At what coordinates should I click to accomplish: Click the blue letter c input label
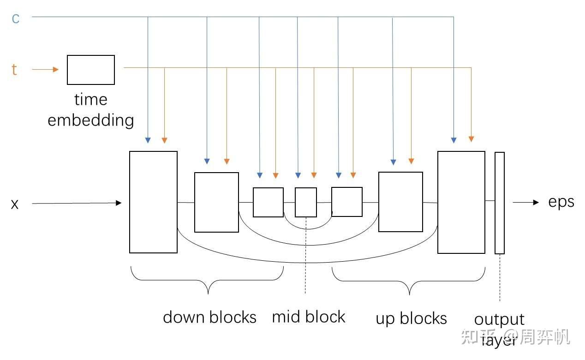(x=16, y=18)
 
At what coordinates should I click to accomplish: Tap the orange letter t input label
(x=14, y=70)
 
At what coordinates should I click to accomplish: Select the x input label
(x=15, y=204)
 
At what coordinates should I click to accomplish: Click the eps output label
(x=561, y=202)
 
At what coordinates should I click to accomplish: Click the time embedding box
(x=91, y=70)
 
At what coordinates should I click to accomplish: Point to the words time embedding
(x=91, y=110)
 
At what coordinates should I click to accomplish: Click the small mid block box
(x=306, y=202)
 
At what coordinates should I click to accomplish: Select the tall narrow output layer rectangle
(x=499, y=203)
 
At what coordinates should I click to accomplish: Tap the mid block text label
(x=308, y=317)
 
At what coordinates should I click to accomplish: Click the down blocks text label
(x=209, y=317)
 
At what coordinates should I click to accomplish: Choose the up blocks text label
(x=411, y=318)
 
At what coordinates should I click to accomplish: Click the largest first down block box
(x=153, y=202)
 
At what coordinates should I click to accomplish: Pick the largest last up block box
(x=461, y=202)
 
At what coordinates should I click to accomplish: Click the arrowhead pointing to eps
(x=535, y=202)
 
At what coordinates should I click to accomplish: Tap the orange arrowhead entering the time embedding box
(x=56, y=70)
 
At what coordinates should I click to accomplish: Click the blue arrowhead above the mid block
(x=298, y=175)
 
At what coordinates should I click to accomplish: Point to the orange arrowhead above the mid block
(x=314, y=175)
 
